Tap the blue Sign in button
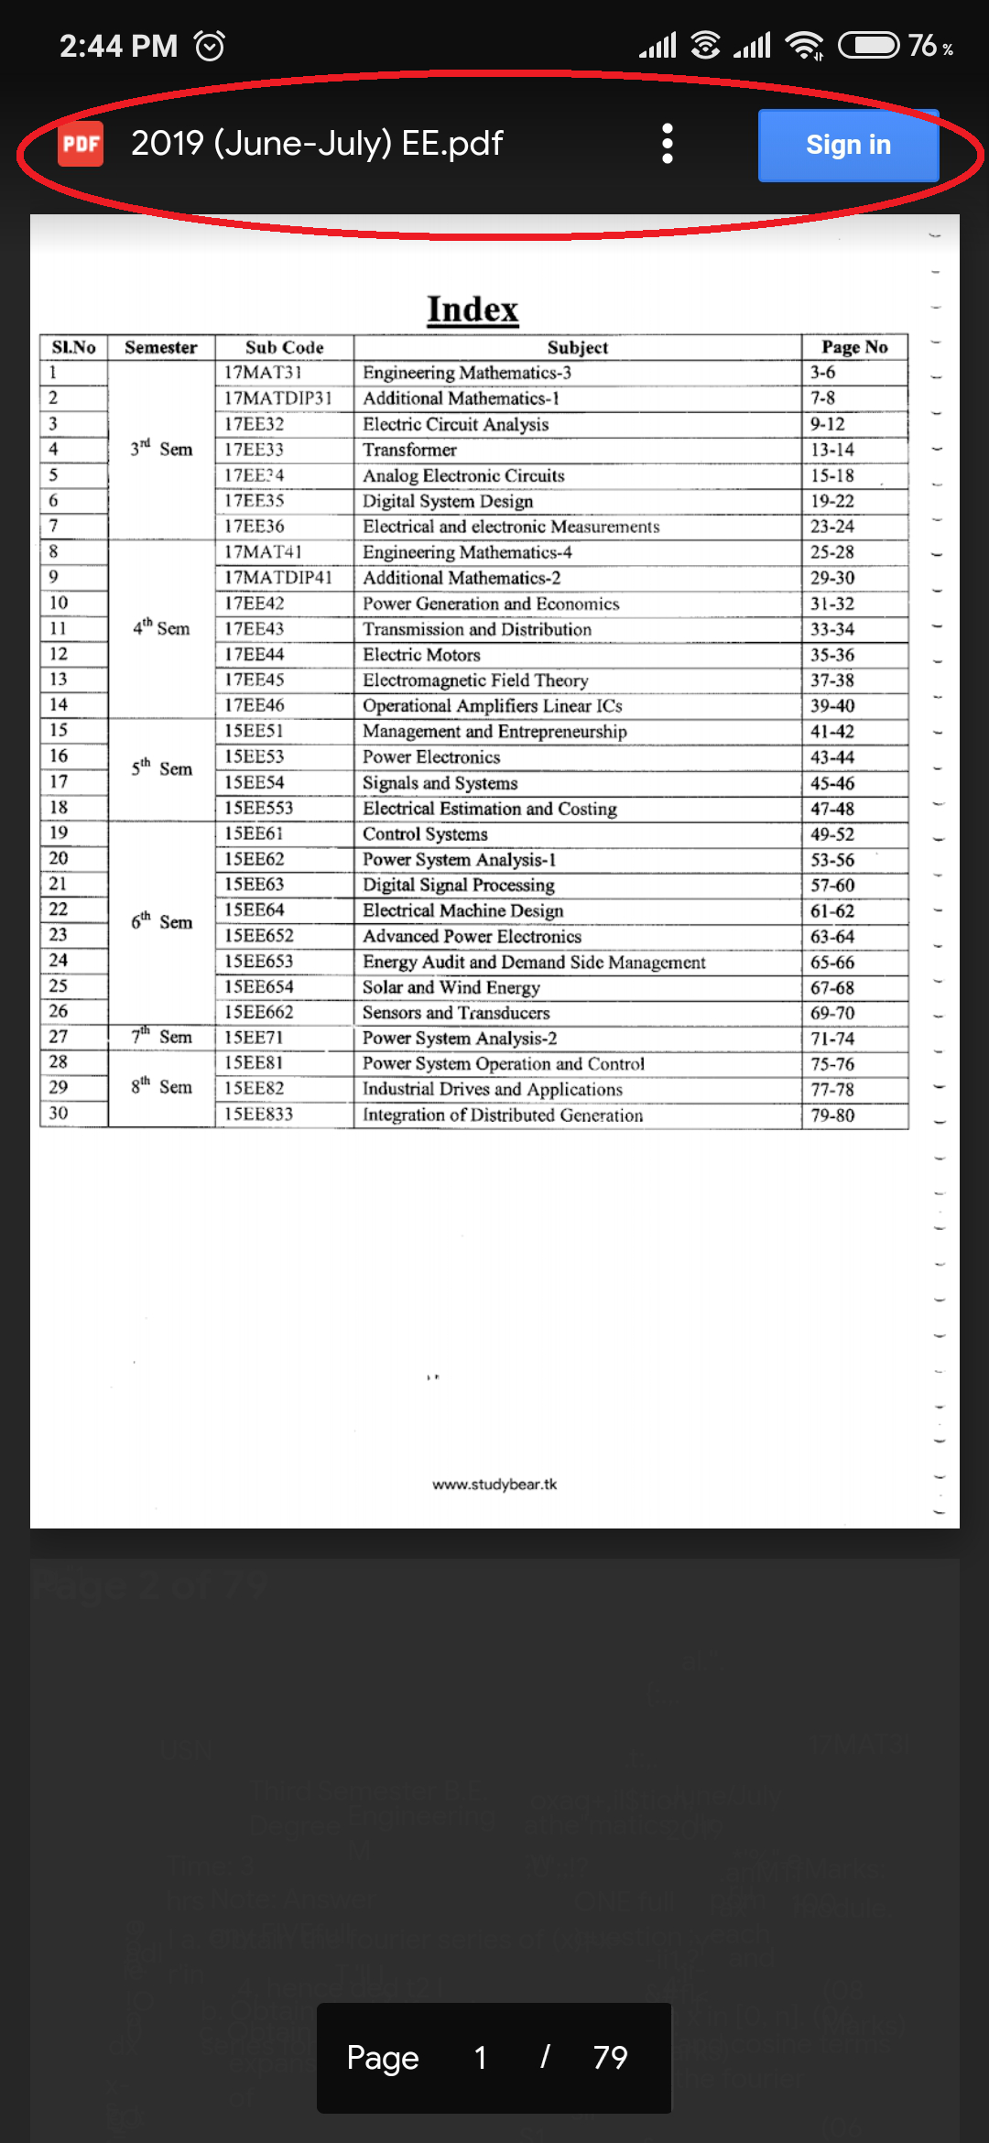coord(848,145)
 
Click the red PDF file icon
coord(81,144)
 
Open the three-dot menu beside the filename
coord(668,144)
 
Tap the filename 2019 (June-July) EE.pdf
coord(317,144)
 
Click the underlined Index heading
coord(473,310)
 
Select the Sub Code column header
coord(284,348)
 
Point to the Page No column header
coord(854,347)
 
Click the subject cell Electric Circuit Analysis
coord(456,424)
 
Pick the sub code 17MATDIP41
coord(278,578)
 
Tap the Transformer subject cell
coord(409,450)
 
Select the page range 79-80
coord(832,1115)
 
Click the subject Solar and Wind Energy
coord(451,987)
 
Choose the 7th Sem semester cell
coord(161,1037)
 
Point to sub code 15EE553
coord(259,809)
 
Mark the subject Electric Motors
coord(421,655)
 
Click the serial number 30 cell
coord(59,1114)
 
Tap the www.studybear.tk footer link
coord(494,1485)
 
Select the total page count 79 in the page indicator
coord(610,2058)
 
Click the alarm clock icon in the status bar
coord(210,46)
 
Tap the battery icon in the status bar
coord(869,45)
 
